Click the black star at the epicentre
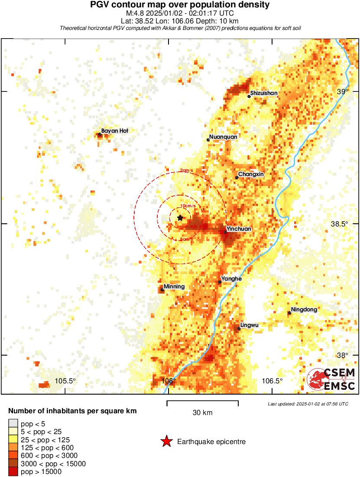pyautogui.click(x=180, y=218)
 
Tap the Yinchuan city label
pyautogui.click(x=239, y=229)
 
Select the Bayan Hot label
pyautogui.click(x=114, y=131)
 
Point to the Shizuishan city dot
pyautogui.click(x=249, y=96)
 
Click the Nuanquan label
pyautogui.click(x=223, y=137)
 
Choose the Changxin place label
pyautogui.click(x=251, y=174)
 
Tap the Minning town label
pyautogui.click(x=174, y=287)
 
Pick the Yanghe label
pyautogui.click(x=231, y=279)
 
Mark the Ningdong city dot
pyautogui.click(x=289, y=313)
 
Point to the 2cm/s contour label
pyautogui.click(x=187, y=170)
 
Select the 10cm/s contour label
pyautogui.click(x=188, y=206)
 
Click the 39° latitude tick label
pyautogui.click(x=343, y=92)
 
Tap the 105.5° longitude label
pyautogui.click(x=65, y=381)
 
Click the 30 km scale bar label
pyautogui.click(x=202, y=413)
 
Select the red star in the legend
pyautogui.click(x=166, y=442)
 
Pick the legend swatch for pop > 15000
pyautogui.click(x=13, y=472)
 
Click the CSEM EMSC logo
pyautogui.click(x=331, y=379)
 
